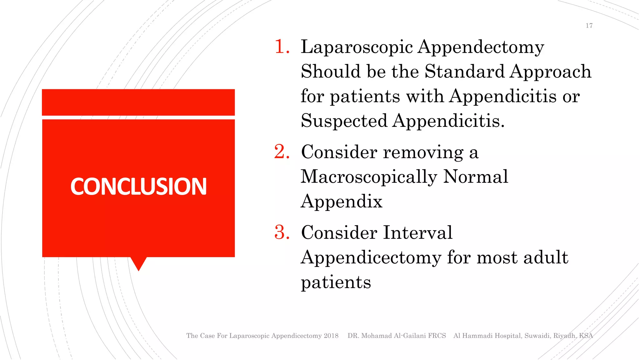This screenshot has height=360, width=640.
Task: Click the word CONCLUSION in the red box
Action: (x=138, y=187)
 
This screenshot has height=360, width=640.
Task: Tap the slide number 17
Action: (x=589, y=26)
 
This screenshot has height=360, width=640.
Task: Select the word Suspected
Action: (x=344, y=121)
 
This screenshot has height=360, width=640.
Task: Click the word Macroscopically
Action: (x=369, y=177)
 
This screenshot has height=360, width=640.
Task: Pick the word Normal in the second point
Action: (x=476, y=177)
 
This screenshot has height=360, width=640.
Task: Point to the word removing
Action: (x=423, y=152)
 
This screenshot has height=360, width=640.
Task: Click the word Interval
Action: (x=418, y=232)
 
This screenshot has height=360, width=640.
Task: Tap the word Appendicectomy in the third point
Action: (x=371, y=257)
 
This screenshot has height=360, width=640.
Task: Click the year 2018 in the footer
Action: (x=331, y=336)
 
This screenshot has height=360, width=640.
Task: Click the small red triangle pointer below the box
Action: (x=138, y=263)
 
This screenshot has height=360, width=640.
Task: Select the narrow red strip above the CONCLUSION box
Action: (x=138, y=102)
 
